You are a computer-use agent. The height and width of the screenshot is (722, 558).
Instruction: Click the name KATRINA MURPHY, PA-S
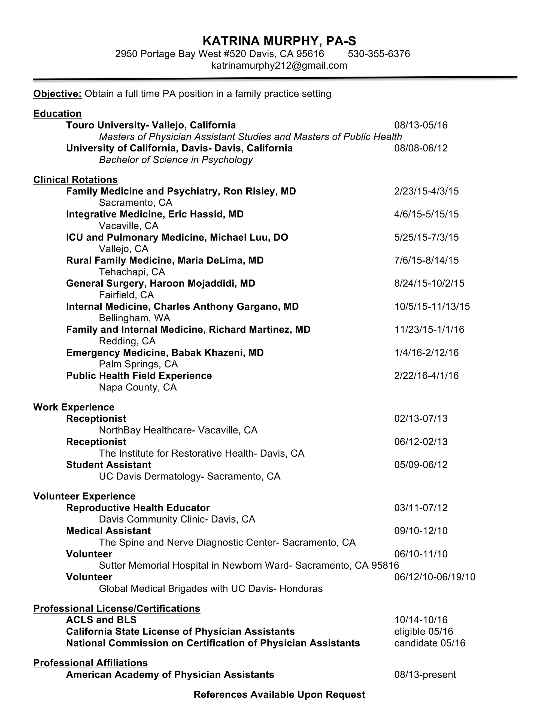point(279,41)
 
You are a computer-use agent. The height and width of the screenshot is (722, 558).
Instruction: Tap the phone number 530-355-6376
point(378,54)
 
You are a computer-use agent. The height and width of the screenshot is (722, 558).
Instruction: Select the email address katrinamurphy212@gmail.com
point(279,65)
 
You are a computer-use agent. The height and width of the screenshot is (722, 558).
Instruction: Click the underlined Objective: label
point(57,94)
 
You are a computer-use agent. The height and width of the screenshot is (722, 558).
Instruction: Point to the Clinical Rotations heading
point(75,180)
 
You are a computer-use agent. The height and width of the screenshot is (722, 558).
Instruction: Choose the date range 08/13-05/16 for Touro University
point(420,125)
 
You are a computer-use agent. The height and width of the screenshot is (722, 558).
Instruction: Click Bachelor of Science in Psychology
point(175,160)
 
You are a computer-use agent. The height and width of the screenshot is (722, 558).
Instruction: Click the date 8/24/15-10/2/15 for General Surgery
point(429,283)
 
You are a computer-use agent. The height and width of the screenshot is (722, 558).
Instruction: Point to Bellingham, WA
point(134,318)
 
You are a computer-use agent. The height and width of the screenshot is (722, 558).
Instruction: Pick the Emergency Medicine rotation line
point(165,353)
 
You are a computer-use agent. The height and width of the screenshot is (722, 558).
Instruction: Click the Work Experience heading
point(74,407)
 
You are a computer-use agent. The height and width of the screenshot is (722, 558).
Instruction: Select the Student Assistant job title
point(108,465)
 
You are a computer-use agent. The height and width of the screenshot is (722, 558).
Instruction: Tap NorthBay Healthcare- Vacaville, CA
point(178,430)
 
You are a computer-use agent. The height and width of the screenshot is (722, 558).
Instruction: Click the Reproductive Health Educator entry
point(138,508)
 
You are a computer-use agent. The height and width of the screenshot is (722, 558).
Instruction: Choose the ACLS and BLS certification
point(101,620)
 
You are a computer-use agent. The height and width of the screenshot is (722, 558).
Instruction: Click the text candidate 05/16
point(429,643)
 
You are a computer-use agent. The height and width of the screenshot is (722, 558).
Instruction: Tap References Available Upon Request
point(279,694)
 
